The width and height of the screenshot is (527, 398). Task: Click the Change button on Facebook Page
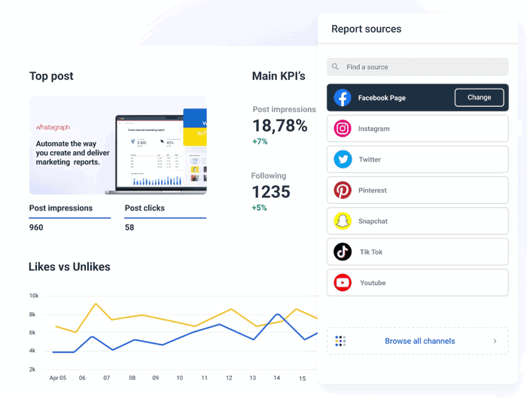point(479,98)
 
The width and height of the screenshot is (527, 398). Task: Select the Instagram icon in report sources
point(343,129)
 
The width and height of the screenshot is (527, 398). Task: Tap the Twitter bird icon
point(343,160)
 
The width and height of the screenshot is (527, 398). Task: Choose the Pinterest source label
point(372,190)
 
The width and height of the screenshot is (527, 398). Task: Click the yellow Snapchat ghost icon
point(343,221)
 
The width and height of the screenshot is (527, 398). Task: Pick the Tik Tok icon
point(343,252)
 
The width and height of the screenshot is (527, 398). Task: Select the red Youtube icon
point(343,283)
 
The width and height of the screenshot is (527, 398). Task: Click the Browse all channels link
point(419,341)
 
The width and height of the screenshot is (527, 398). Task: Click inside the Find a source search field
point(422,67)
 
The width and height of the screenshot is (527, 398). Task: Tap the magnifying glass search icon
point(336,67)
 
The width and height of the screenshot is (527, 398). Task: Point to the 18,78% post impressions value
point(279,126)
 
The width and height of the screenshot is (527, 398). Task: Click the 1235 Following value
point(270,192)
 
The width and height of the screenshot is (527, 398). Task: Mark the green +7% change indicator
point(260,141)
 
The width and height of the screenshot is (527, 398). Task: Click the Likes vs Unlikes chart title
point(69,267)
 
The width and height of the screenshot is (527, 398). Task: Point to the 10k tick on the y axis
point(33,296)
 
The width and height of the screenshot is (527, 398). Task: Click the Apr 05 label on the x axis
point(57,378)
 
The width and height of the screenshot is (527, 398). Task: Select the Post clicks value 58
point(129,227)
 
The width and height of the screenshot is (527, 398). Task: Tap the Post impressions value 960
point(36,227)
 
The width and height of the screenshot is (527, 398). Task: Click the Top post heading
point(51,76)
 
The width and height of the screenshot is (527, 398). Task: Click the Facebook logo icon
point(343,98)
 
